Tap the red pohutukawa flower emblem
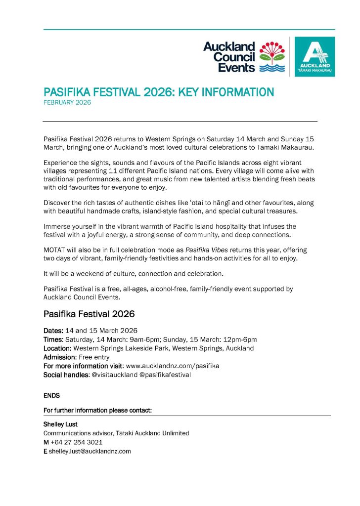(x=272, y=51)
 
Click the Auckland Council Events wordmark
(x=229, y=57)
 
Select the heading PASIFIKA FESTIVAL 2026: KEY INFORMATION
(x=158, y=92)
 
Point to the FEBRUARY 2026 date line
(x=67, y=103)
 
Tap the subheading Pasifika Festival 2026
(x=89, y=314)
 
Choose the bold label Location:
(x=57, y=348)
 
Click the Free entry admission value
(x=94, y=357)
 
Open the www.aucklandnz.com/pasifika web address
(x=173, y=366)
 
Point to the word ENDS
(x=51, y=395)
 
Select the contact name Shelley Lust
(x=61, y=424)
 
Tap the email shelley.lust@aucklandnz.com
(x=90, y=451)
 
